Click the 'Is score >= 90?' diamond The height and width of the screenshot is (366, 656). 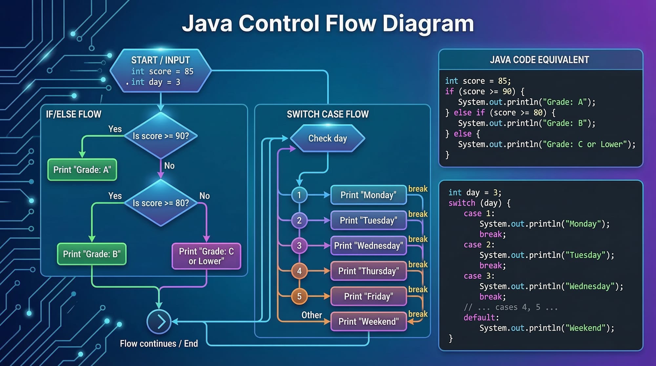pos(161,136)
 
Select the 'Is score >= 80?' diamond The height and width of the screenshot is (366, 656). pos(161,203)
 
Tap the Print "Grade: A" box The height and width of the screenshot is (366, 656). pos(82,170)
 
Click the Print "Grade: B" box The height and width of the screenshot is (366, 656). pos(92,254)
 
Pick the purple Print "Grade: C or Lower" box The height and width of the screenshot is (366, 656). pos(206,256)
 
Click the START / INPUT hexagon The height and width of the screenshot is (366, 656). pos(160,71)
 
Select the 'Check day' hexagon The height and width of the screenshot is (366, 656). pos(327,138)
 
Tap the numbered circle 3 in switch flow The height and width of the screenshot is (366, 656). pos(299,246)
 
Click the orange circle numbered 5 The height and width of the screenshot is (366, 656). pos(299,296)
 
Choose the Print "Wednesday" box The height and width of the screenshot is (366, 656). pos(368,246)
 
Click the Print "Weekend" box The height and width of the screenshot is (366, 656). pos(368,321)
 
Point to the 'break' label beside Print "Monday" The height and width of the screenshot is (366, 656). pos(418,189)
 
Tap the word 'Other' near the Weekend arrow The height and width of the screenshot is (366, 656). pos(312,315)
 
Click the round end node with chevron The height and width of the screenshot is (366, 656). pos(159,322)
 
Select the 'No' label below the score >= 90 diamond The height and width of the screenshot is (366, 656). pos(169,166)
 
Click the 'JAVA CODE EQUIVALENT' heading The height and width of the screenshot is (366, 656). pos(540,60)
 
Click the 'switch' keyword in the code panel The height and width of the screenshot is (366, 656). pos(461,203)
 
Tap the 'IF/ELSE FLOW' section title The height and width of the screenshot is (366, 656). pos(73,114)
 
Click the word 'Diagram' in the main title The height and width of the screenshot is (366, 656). pos(428,24)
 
